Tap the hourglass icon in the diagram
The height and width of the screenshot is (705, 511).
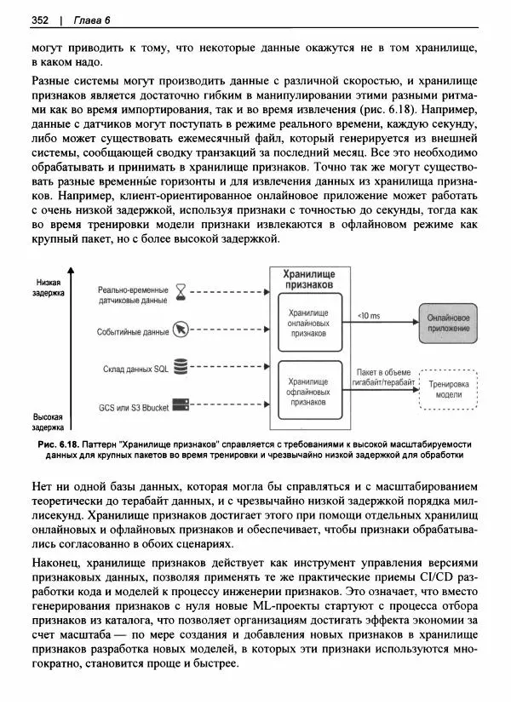click(181, 295)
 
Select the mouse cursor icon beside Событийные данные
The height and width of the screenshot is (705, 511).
click(181, 330)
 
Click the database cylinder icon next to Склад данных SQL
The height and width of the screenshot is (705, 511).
click(181, 367)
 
